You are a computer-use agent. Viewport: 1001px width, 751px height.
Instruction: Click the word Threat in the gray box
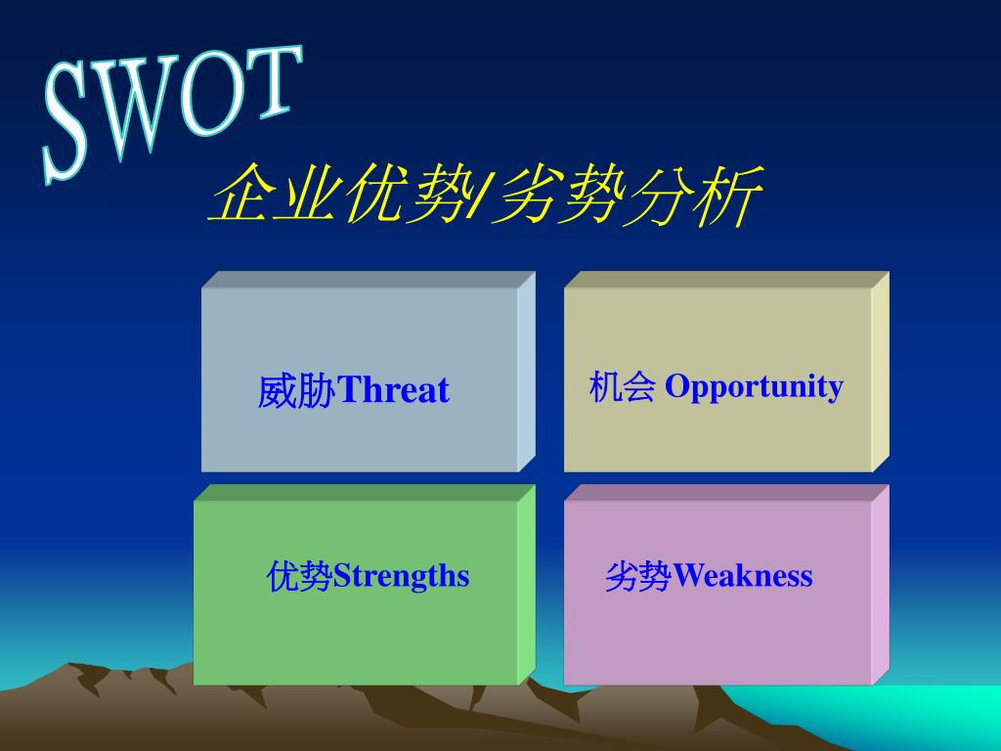coord(393,389)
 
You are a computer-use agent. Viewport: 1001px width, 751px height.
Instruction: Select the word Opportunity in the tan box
coord(754,387)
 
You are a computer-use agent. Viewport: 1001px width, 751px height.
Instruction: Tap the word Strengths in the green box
coord(402,576)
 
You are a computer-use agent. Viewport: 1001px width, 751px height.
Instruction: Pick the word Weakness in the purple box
coord(743,575)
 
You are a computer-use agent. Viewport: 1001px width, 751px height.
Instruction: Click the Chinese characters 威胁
coord(297,391)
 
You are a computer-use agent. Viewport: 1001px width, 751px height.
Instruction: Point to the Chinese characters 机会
coord(623,386)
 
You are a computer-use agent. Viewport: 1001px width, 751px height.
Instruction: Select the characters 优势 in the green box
coord(299,576)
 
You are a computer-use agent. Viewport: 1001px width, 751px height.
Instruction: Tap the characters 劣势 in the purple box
coord(638,576)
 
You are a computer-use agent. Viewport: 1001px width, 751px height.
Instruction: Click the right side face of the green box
coord(526,585)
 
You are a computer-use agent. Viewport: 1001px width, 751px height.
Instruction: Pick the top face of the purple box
coord(726,493)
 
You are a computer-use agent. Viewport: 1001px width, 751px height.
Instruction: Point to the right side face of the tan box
coord(881,372)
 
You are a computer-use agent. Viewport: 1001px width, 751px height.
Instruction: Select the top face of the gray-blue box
coord(369,280)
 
